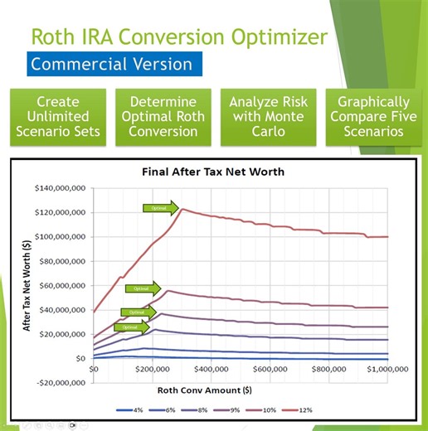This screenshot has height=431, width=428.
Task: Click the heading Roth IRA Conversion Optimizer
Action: pos(178,36)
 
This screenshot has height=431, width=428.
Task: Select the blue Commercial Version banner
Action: pos(111,64)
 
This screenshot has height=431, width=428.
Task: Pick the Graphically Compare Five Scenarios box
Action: pos(370,115)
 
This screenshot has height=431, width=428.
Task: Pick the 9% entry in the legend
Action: pos(246,409)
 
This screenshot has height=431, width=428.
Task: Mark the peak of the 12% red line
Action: pos(182,209)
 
